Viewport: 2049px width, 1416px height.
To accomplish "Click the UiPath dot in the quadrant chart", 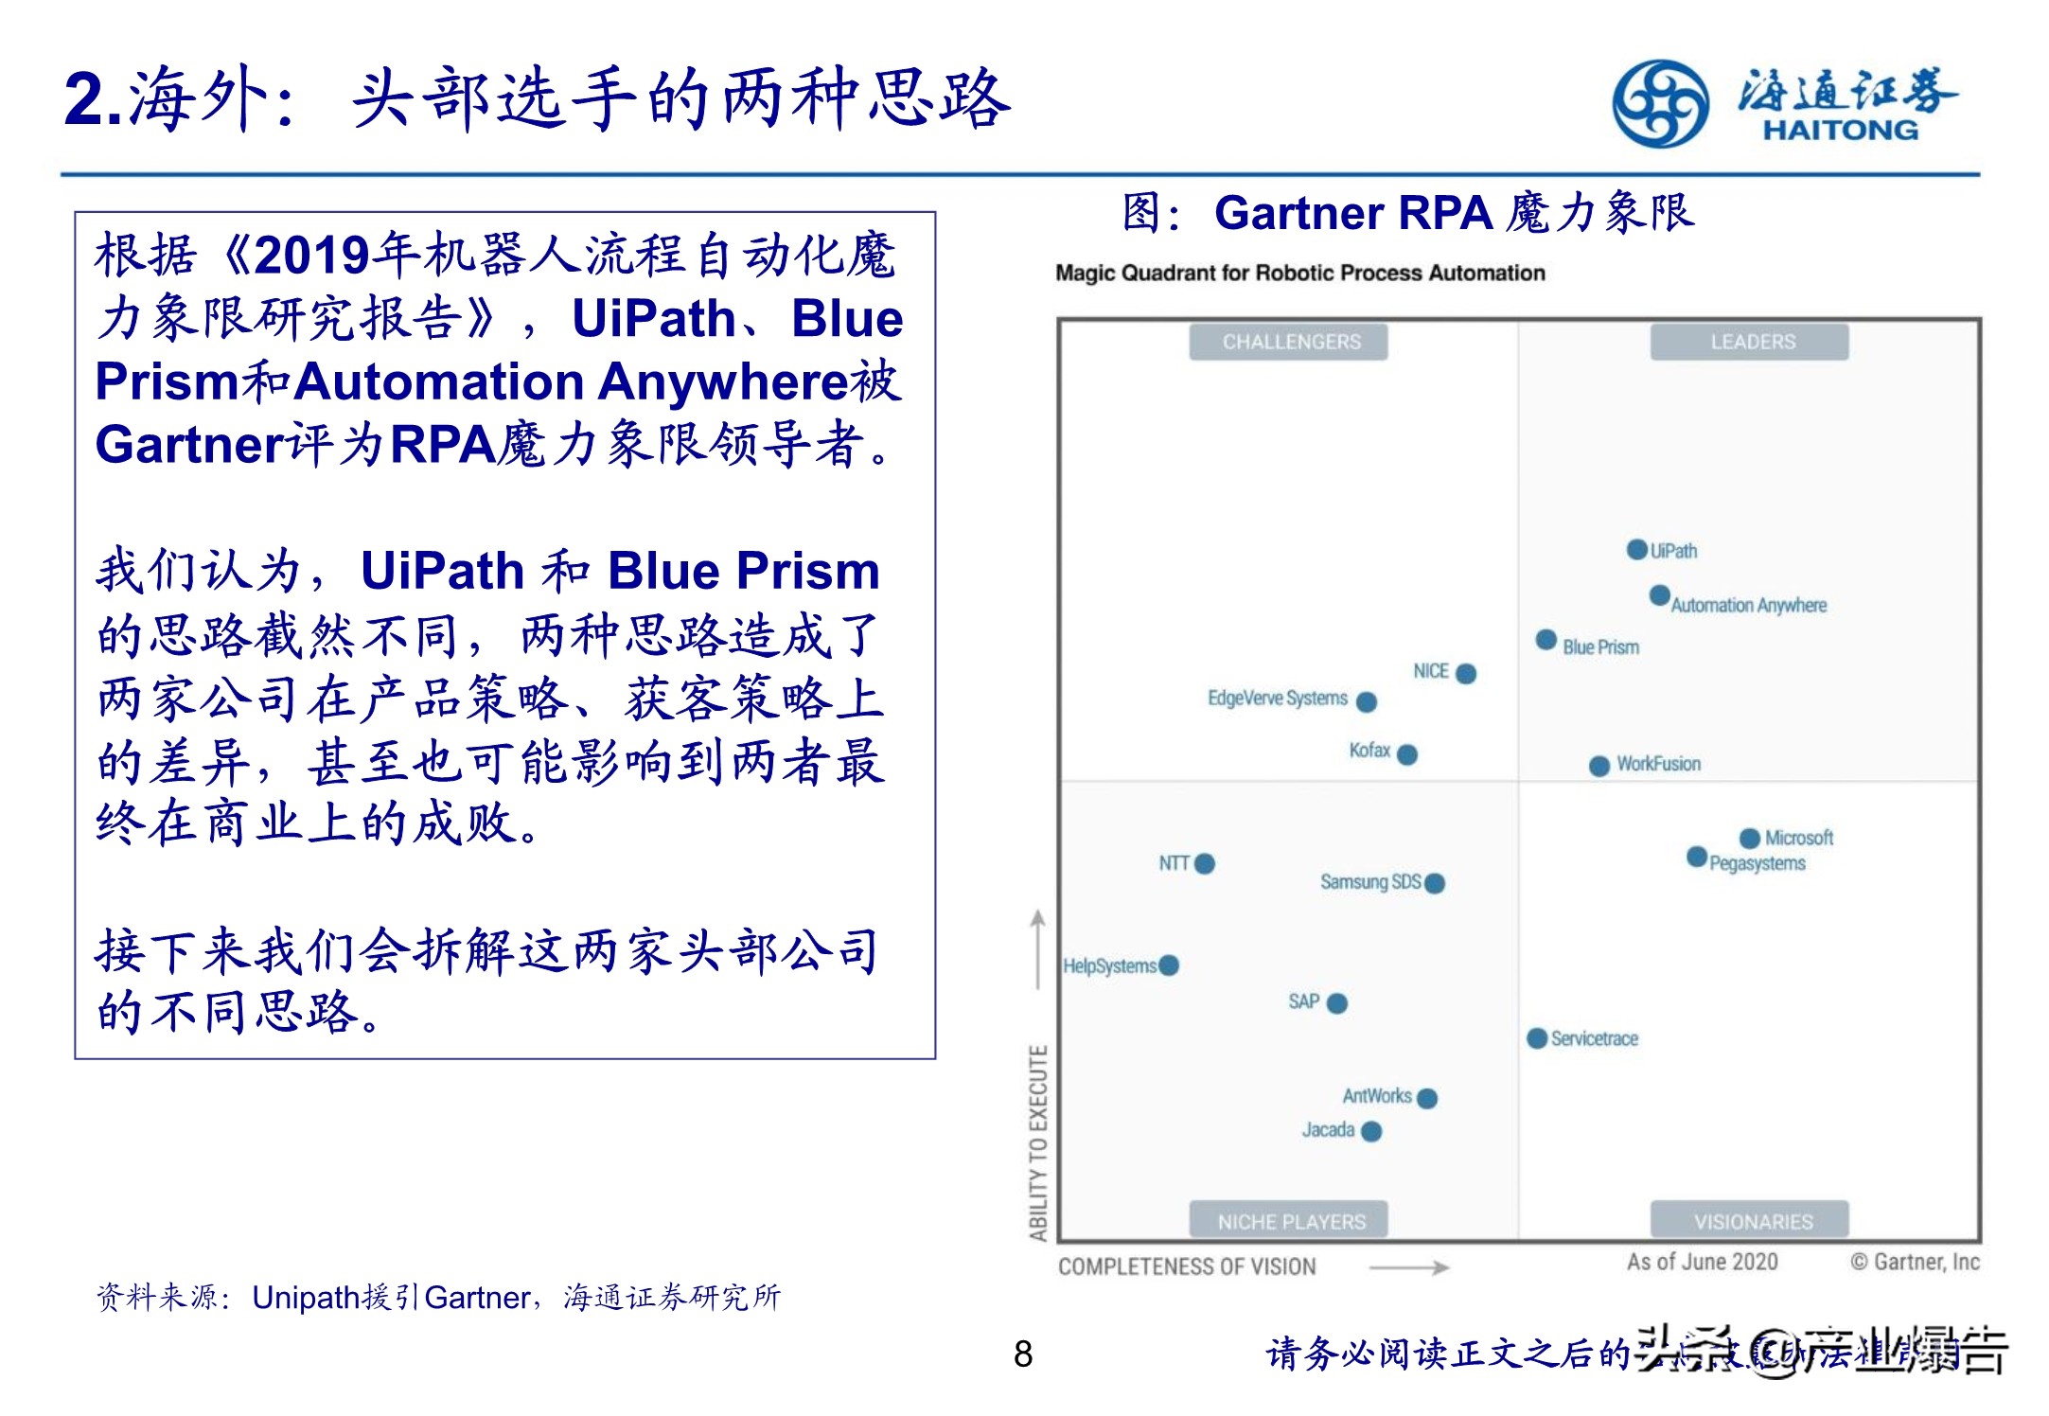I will click(1636, 549).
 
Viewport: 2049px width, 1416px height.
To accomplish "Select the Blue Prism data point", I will click(1546, 640).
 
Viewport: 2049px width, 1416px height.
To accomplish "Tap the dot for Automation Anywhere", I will click(1659, 595).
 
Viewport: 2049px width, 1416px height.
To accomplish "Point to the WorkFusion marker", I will click(1599, 766).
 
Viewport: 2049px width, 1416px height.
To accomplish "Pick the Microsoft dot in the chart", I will click(1749, 838).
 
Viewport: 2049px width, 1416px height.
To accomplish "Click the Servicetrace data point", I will click(1537, 1038).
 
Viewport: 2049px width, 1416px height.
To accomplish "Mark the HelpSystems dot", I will click(1169, 965).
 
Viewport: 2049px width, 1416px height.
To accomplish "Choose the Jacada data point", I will click(1371, 1131).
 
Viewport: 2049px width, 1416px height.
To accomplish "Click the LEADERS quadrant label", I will click(1752, 342).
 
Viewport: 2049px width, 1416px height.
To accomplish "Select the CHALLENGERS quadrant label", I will click(1290, 342).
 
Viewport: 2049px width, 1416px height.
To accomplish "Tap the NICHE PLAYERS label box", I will click(1291, 1221).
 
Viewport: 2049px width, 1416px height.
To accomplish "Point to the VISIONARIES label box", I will click(1753, 1221).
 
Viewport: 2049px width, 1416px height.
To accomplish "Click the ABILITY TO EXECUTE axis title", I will click(1038, 1142).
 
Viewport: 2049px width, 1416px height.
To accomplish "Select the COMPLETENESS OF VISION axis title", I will click(1187, 1266).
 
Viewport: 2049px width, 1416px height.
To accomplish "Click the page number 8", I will click(1023, 1354).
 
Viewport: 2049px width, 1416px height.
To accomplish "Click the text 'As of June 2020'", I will click(1702, 1262).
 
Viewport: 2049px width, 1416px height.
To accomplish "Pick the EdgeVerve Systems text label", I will click(1277, 699).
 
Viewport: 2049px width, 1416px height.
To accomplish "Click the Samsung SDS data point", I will click(1435, 883).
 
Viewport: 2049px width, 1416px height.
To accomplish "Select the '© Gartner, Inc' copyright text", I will click(1915, 1262).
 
